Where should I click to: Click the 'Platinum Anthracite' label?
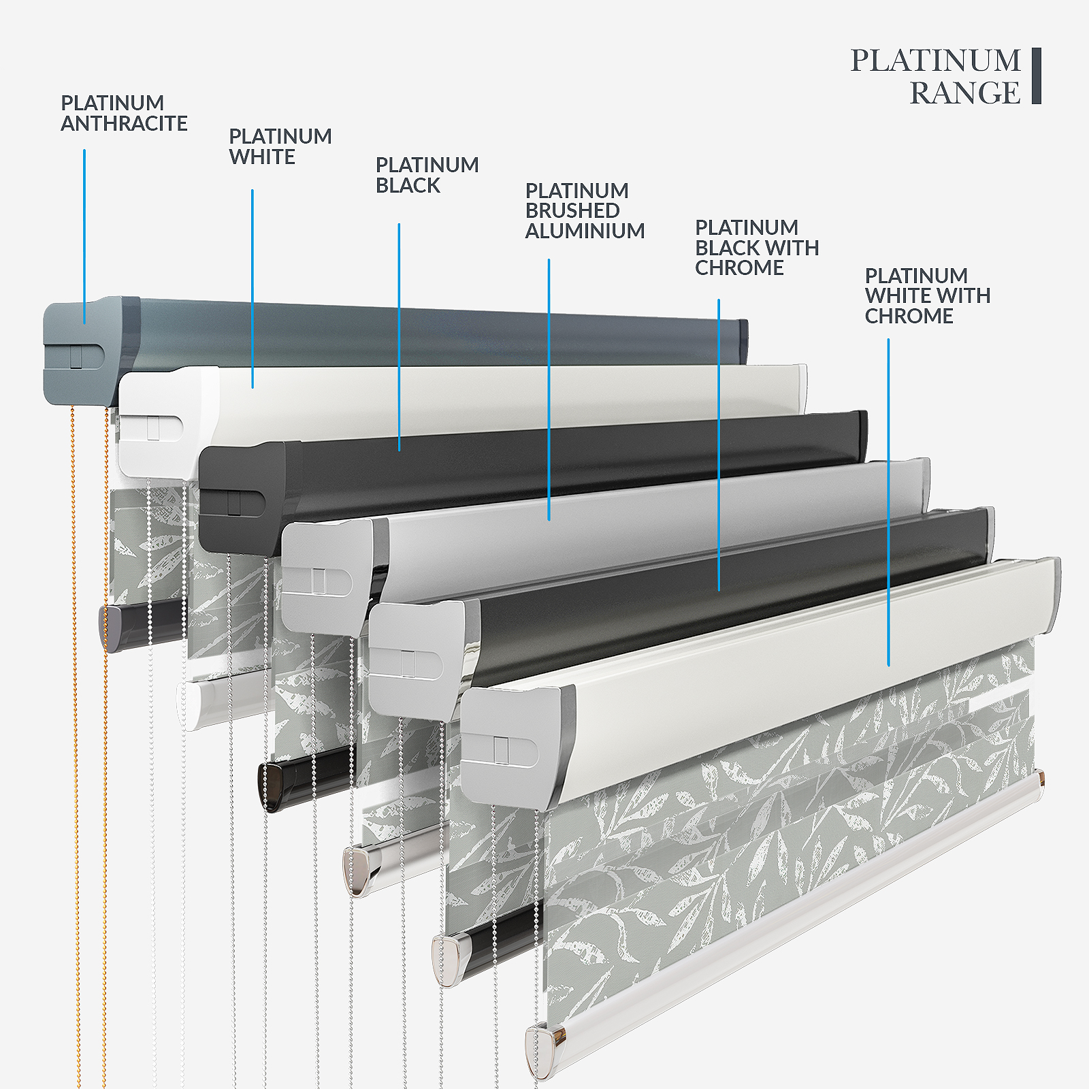click(124, 113)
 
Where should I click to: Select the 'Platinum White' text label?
click(280, 146)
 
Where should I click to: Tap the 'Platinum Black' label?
click(427, 175)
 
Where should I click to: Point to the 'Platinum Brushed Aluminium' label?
click(585, 211)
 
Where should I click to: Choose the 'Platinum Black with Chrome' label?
click(757, 248)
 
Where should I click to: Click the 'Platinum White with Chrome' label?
click(927, 296)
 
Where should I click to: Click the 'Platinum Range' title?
click(936, 76)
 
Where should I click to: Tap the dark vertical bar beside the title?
click(1036, 76)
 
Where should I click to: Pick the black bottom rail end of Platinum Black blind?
click(272, 786)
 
